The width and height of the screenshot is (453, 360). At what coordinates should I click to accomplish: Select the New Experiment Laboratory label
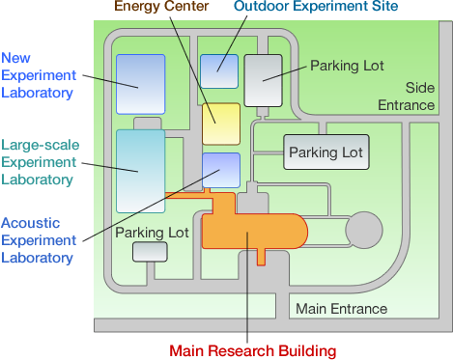point(38,73)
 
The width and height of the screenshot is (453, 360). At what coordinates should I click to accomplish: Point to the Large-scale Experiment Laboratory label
point(38,161)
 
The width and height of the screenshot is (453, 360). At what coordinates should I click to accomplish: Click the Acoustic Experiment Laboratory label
point(38,239)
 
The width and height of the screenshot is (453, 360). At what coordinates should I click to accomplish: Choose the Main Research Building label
point(252,349)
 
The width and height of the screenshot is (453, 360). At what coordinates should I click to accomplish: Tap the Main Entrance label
point(340,309)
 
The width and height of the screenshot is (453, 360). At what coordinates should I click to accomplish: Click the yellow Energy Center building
point(220,124)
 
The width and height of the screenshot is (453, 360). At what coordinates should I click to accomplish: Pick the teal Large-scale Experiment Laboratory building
point(141,170)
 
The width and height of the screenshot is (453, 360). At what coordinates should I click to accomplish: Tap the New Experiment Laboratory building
point(141,83)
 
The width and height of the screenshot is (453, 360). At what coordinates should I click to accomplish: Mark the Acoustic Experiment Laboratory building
point(220,170)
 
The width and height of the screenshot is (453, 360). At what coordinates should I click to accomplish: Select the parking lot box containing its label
point(326,152)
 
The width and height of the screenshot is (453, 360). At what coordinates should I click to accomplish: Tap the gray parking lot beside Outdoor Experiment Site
point(261,79)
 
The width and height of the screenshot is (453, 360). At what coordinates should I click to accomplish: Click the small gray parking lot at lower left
point(149,252)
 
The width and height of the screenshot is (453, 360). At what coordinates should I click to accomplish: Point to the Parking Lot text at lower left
point(152,233)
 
